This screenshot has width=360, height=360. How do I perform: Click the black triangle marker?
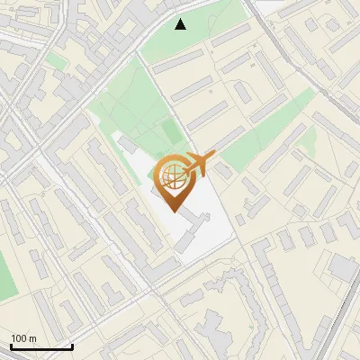[x=181, y=24]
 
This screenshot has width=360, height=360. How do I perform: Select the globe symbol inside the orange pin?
[x=173, y=175]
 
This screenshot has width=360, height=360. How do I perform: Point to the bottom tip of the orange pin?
[x=174, y=211]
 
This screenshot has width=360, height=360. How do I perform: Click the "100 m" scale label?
[x=23, y=338]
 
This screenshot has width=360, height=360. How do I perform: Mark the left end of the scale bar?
[x=11, y=347]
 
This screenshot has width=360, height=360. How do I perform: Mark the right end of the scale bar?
[x=72, y=347]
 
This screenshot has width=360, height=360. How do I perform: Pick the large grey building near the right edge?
[x=344, y=267]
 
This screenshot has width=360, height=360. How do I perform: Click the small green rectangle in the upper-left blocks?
[x=57, y=60]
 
